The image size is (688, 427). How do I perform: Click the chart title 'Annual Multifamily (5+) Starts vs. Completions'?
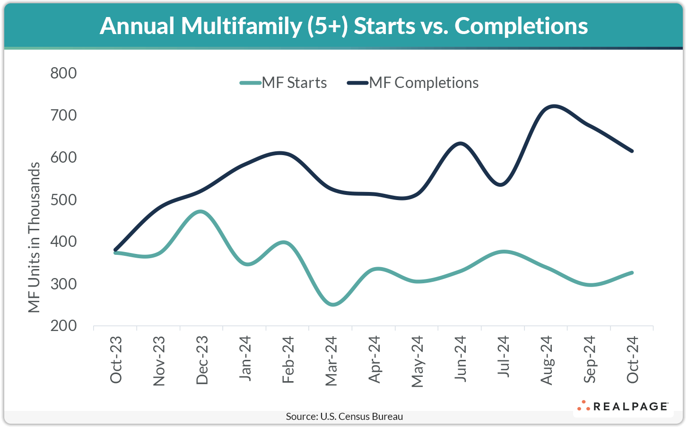(344, 26)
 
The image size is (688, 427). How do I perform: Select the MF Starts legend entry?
(284, 83)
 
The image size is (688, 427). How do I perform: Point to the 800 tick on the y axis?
(63, 73)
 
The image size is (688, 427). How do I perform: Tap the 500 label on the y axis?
(63, 200)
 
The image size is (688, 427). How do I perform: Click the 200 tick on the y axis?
(63, 326)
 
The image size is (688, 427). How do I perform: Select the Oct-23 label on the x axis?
(116, 359)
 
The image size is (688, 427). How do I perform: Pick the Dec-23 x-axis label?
(202, 360)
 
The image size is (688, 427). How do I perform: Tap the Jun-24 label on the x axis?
(460, 359)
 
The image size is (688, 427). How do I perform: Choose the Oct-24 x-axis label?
(632, 359)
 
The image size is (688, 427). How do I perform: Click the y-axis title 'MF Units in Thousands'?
(34, 237)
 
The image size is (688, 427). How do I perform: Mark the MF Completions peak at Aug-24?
(552, 106)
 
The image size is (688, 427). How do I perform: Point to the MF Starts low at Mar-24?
(332, 305)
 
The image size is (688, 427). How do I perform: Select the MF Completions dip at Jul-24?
(502, 184)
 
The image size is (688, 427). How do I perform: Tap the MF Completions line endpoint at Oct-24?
(632, 151)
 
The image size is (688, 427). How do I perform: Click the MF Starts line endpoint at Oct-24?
(632, 273)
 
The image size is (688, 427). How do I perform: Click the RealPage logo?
(623, 406)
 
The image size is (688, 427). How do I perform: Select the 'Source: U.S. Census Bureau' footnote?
(344, 417)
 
